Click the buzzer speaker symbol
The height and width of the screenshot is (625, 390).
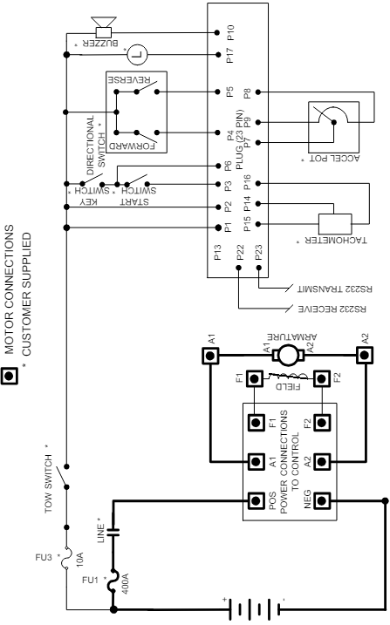point(104,27)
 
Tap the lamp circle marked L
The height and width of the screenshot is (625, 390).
point(137,54)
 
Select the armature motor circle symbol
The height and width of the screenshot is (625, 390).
point(288,355)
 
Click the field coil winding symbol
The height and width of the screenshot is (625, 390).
point(288,377)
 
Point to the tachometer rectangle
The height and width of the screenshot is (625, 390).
point(335,224)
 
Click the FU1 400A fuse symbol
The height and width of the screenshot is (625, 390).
point(113,580)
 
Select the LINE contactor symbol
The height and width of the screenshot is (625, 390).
point(113,532)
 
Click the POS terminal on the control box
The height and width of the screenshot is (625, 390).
point(256,500)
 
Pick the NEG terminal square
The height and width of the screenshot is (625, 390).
point(322,500)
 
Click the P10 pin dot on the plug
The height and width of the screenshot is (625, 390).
point(217,32)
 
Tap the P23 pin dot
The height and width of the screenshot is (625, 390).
point(258,268)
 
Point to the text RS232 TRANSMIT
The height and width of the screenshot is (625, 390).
point(335,289)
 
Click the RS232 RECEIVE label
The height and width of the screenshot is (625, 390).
point(332,309)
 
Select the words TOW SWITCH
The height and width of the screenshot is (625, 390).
point(48,484)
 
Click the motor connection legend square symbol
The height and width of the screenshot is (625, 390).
point(10,375)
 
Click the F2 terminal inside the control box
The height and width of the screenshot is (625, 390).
point(322,423)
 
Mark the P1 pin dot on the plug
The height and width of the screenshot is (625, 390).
point(218,228)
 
